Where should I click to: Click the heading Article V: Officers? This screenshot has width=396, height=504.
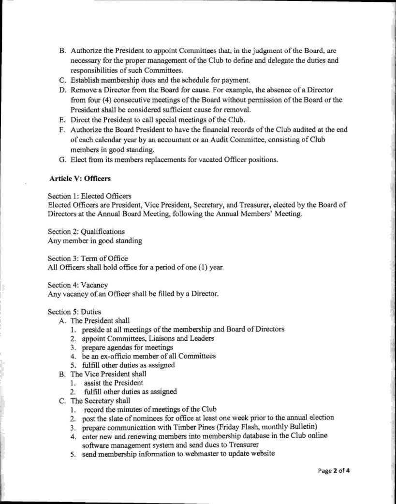click(80, 179)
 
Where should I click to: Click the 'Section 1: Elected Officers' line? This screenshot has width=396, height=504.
click(89, 196)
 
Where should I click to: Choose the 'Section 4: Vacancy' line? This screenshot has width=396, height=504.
click(78, 286)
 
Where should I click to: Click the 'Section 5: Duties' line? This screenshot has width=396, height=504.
click(74, 312)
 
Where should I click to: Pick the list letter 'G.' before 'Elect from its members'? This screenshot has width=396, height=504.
click(62, 161)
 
